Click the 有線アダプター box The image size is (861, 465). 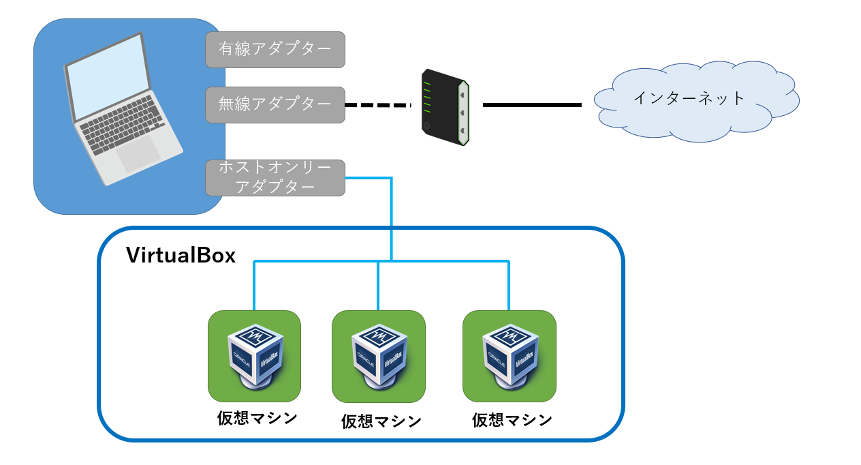(x=275, y=49)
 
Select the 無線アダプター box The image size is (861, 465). (x=275, y=104)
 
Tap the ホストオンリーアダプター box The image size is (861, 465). (x=275, y=178)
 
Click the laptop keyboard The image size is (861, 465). (x=123, y=121)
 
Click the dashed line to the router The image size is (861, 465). (x=379, y=105)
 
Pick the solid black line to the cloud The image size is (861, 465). (x=532, y=105)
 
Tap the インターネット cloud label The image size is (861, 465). (x=689, y=98)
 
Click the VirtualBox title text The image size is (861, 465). (x=181, y=256)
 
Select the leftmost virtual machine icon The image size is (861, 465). (x=254, y=356)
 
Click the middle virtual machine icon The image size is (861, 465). (x=379, y=357)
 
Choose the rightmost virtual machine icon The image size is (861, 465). (x=509, y=356)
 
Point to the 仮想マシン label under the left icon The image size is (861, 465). (x=257, y=418)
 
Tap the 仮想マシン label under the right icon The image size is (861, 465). (x=512, y=419)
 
